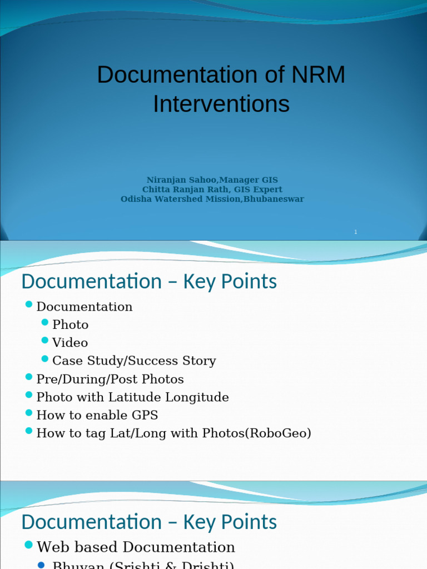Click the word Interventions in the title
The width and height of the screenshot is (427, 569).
[221, 104]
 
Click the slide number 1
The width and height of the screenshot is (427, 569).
[355, 232]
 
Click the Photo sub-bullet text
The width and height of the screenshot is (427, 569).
[70, 325]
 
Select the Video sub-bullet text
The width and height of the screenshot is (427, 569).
[70, 343]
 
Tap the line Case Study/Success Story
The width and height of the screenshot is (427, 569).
[134, 361]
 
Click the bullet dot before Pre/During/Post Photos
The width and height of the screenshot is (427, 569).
[29, 377]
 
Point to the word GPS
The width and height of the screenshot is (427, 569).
[145, 415]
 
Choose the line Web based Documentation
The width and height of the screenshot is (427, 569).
[136, 547]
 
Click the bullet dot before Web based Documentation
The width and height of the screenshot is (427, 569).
[29, 545]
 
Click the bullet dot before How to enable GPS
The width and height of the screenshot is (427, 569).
[29, 413]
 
